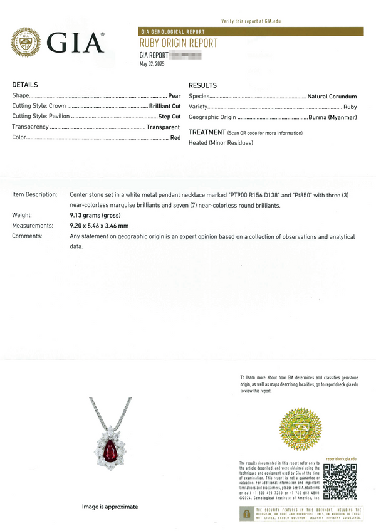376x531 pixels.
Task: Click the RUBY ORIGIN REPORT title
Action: [x=179, y=43]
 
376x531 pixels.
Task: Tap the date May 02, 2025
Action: [x=152, y=64]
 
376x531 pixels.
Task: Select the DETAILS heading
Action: [x=25, y=85]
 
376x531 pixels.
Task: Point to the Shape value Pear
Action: [x=174, y=96]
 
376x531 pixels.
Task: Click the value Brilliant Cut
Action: [x=165, y=106]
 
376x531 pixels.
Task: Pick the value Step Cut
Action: [x=169, y=117]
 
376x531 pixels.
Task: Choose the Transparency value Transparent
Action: [x=163, y=127]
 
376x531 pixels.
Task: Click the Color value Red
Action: [x=175, y=137]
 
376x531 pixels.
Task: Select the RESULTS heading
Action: [x=202, y=85]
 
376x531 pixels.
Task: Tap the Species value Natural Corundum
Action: [x=332, y=97]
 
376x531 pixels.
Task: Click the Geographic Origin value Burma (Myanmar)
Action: [x=333, y=117]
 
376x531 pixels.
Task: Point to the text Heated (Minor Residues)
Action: [x=221, y=143]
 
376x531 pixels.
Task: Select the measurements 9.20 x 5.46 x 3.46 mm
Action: [x=99, y=226]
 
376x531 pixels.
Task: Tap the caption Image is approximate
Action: [x=110, y=507]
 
